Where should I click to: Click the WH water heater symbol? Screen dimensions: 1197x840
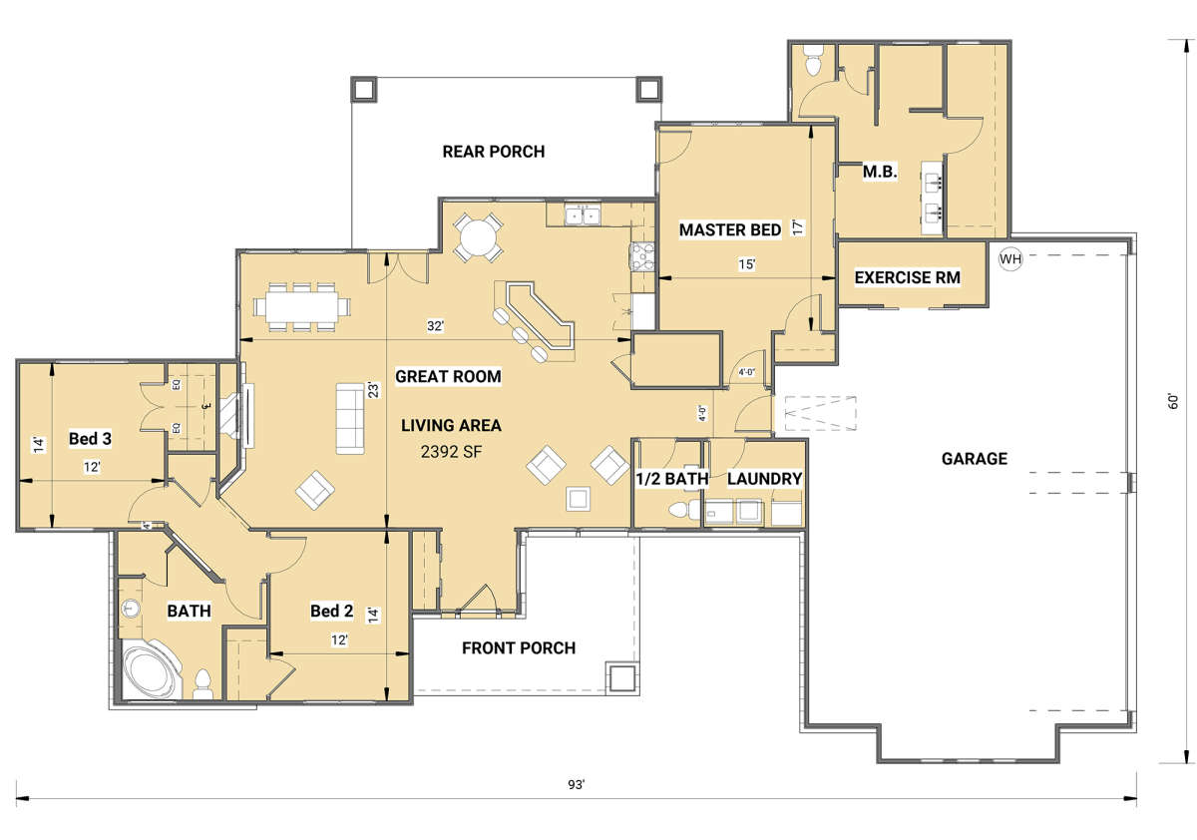pos(1009,259)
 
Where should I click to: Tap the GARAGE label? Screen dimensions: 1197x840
pos(975,459)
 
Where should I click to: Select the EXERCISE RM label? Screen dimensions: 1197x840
pos(908,277)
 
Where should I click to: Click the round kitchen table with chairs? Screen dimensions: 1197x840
pos(478,237)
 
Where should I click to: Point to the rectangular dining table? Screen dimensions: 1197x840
pos(302,307)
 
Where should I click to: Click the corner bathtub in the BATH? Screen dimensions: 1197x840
pos(152,669)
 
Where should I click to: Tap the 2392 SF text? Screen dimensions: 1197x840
pos(451,452)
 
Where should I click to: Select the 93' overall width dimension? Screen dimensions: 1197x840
pos(577,784)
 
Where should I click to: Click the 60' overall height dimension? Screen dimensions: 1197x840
pos(1173,401)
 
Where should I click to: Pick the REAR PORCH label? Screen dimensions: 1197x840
pos(493,152)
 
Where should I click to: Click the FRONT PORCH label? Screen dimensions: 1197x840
pos(519,648)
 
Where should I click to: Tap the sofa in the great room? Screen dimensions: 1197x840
pos(350,418)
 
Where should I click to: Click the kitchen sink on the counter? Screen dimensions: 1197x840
pos(583,214)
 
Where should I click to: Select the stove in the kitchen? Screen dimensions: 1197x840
pos(641,258)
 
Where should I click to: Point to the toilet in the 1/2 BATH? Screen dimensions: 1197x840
pos(683,509)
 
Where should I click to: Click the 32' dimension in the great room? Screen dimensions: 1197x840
pos(435,326)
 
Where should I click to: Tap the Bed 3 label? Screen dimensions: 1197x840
pos(90,439)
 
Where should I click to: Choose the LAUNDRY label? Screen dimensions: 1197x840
pos(764,479)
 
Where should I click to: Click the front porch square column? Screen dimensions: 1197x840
pos(620,677)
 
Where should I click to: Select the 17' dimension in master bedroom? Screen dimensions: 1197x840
pos(798,227)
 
